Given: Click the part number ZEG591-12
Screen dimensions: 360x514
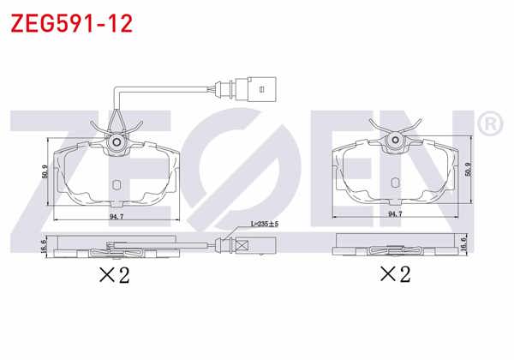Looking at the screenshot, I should (71, 22).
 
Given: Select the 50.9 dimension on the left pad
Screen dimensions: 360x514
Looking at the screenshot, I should (45, 172).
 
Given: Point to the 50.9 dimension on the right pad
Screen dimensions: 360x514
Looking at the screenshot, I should (467, 169).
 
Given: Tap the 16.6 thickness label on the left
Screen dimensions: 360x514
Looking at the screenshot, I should (45, 247).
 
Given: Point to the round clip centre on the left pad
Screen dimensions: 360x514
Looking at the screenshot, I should (117, 141).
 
